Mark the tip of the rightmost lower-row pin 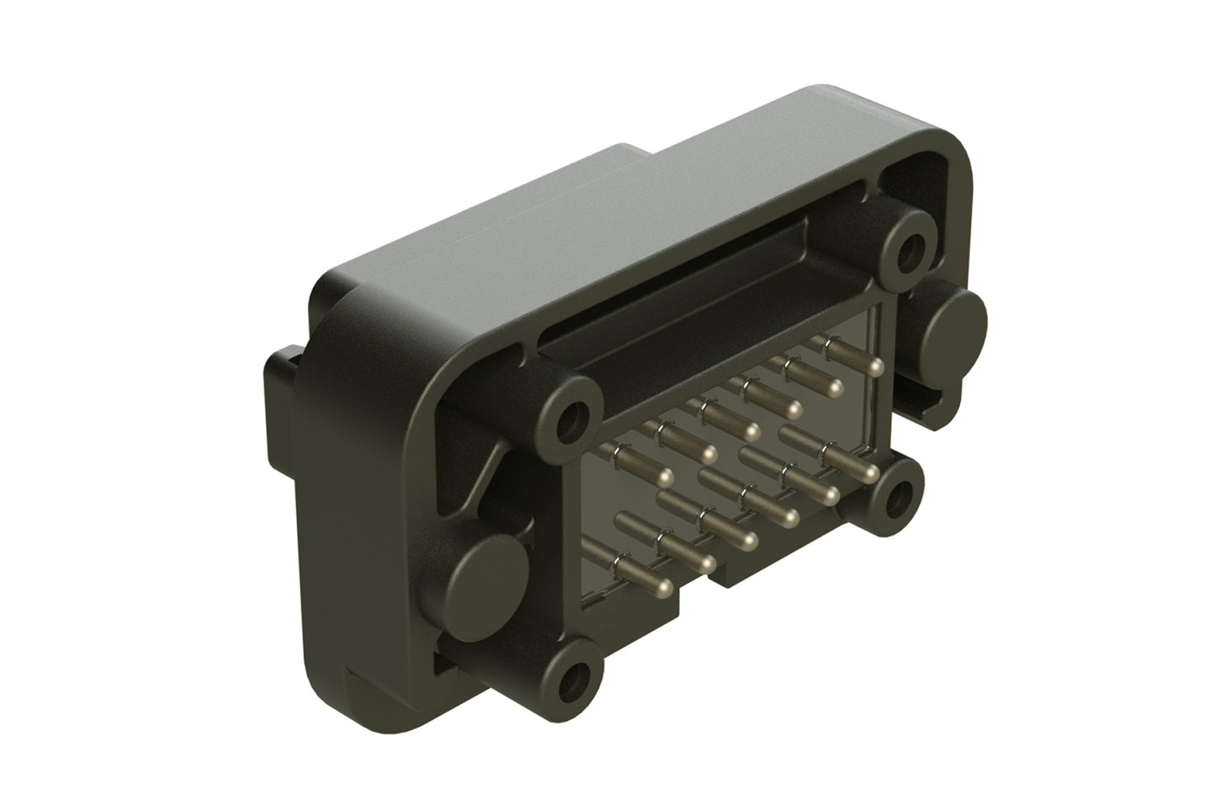click(870, 470)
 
